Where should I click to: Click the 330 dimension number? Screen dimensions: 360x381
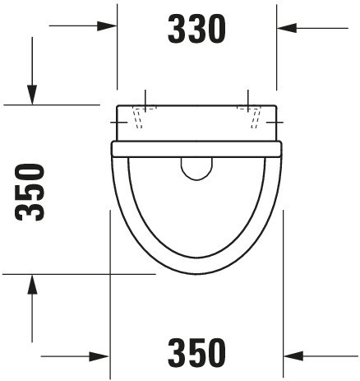coord(196,29)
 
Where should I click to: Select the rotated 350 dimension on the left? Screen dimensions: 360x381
coord(30,193)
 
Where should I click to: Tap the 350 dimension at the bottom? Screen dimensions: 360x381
coord(196,353)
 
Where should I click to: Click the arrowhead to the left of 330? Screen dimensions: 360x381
coord(107,26)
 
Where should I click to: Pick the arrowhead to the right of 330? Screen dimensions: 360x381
coord(287,28)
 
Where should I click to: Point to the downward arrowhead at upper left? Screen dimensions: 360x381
coord(32,95)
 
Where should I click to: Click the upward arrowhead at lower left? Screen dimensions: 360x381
coord(32,284)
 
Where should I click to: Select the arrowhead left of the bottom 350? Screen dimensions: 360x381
coord(99,356)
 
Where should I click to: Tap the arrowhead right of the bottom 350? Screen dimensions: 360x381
coord(293,356)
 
